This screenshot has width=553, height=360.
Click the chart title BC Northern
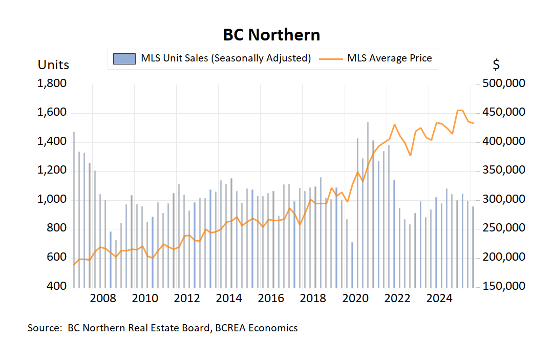click(271, 34)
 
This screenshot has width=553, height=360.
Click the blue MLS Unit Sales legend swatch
click(124, 58)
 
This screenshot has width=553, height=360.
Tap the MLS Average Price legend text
click(389, 58)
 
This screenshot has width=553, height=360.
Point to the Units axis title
click(53, 65)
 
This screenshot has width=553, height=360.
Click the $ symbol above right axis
click(496, 65)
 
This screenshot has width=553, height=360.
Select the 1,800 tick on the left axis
click(52, 83)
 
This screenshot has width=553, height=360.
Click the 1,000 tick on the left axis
click(52, 200)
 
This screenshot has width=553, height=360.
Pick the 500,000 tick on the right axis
click(504, 83)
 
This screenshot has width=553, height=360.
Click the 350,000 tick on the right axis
click(504, 171)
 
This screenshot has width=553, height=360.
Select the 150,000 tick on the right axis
click(504, 286)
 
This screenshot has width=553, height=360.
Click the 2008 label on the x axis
click(103, 299)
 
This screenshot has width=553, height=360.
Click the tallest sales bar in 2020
click(368, 205)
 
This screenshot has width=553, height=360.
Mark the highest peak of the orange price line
click(460, 110)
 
